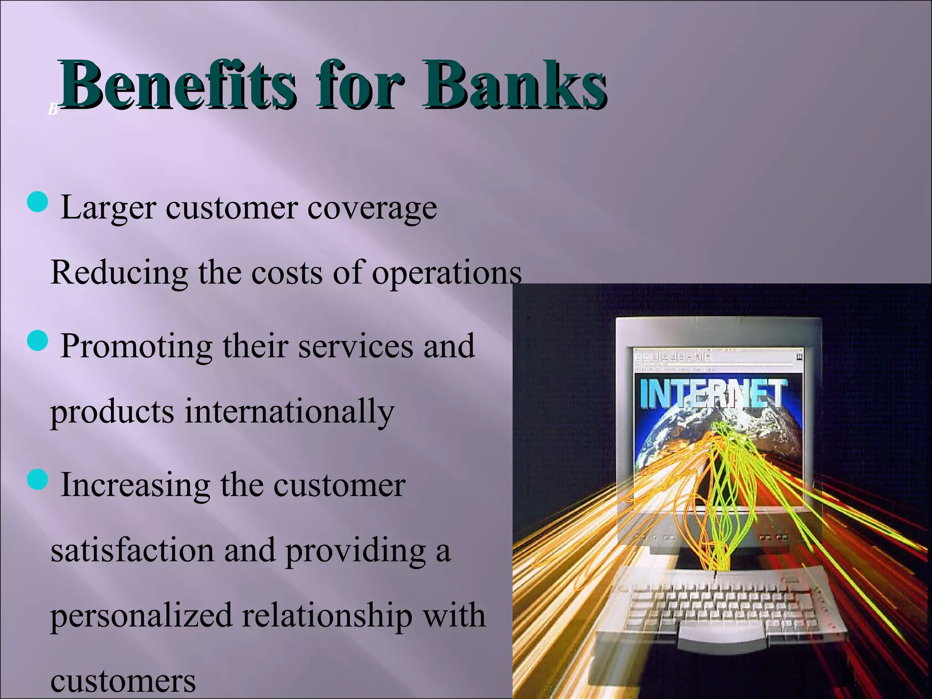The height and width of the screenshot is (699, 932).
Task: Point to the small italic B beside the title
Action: point(52,110)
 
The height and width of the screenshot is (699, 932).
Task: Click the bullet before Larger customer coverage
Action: point(37,202)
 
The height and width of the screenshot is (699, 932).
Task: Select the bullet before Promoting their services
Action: point(37,341)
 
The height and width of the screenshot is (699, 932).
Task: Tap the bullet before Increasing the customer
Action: point(37,480)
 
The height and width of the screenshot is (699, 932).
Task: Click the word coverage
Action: point(372,208)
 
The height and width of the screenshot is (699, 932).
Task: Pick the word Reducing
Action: point(119,273)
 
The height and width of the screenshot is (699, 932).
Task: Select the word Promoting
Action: point(136,347)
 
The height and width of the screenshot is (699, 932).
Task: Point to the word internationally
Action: point(289,412)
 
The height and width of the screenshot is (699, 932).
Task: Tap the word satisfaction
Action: point(132,550)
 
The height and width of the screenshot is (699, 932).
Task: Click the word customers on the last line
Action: point(123,682)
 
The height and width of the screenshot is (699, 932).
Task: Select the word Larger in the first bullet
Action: point(108,208)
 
